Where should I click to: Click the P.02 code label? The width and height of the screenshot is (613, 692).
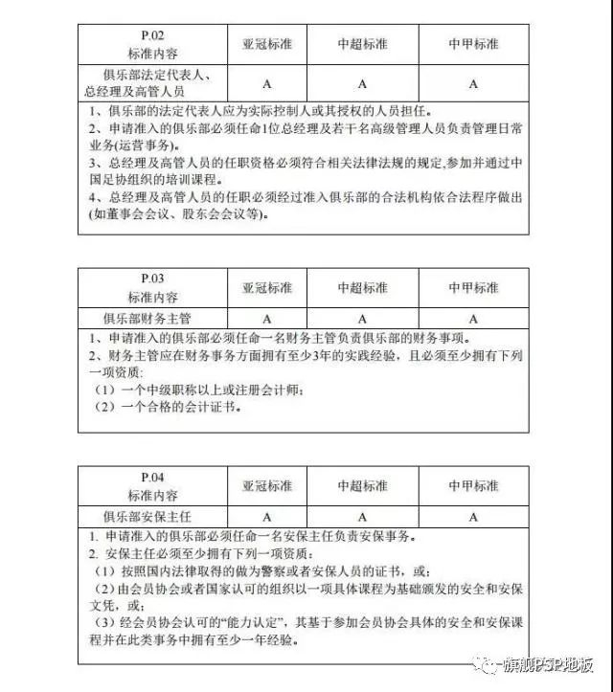pos(152,37)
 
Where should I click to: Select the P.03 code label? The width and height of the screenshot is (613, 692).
pos(152,279)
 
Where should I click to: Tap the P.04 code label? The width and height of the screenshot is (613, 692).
pos(152,478)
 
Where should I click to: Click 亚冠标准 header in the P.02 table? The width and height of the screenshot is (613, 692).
pos(266,44)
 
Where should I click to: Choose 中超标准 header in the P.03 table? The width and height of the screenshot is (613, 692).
pos(362,287)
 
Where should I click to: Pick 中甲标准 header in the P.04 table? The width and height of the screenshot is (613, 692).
pos(473,486)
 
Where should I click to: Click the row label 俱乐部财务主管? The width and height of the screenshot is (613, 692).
pos(152,317)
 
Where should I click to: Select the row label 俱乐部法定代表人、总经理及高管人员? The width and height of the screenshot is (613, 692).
pos(152,82)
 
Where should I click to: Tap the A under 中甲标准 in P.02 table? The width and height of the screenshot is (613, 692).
pos(473,83)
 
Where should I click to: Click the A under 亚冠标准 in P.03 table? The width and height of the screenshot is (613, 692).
pos(266,317)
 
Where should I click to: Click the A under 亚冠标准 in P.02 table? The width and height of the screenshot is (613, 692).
pos(266,83)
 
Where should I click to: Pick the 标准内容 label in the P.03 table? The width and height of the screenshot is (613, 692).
pos(152,297)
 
